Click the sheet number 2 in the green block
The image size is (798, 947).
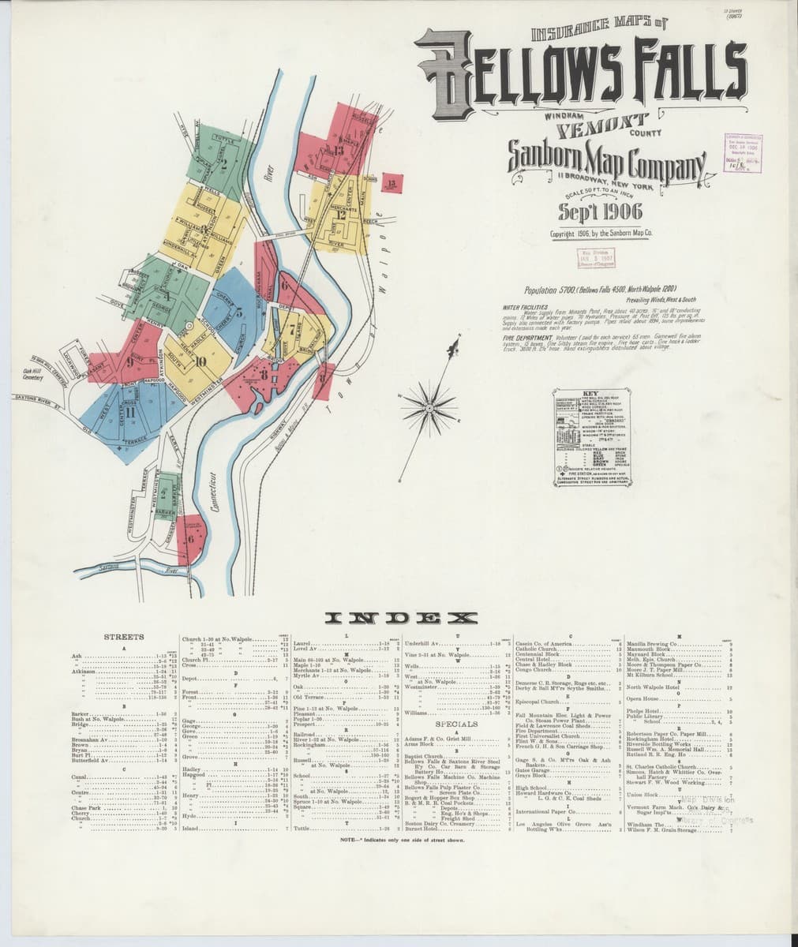(x=225, y=165)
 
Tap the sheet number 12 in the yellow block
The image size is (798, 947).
(x=340, y=213)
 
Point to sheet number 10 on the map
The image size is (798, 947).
(x=200, y=361)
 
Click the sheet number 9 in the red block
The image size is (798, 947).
(x=129, y=364)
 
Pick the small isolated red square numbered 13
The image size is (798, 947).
(x=392, y=183)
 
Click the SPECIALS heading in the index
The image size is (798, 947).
(x=456, y=724)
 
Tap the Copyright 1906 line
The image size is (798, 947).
(x=602, y=234)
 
